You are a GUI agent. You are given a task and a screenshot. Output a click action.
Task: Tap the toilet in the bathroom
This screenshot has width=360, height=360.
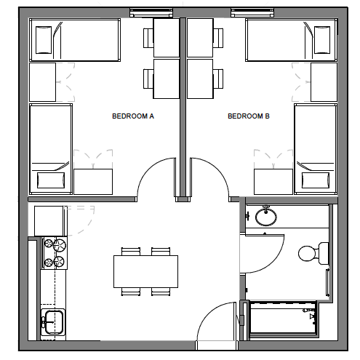[x=309, y=253]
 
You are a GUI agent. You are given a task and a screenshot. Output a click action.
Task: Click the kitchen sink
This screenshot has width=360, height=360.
[x=52, y=320]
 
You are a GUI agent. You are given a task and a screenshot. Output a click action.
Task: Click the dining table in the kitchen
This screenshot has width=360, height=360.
[x=145, y=271]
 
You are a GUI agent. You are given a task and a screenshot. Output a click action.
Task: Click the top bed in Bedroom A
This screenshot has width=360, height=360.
[x=76, y=40]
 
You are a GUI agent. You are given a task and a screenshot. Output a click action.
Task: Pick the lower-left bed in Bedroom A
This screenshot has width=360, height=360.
[x=50, y=148]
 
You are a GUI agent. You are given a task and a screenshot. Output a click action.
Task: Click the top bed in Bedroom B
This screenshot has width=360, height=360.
[x=290, y=40]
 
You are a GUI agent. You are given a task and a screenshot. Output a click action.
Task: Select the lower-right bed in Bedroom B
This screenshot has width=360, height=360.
[x=314, y=148]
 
